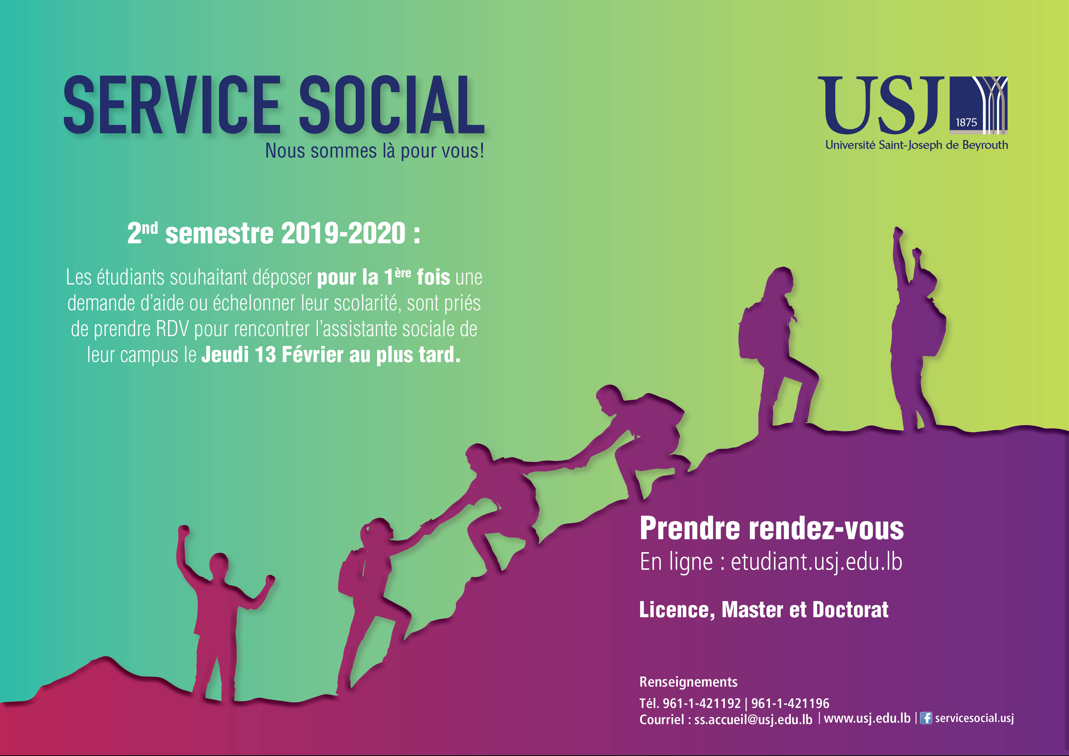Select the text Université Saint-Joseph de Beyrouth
click(916, 145)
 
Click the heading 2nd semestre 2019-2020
click(274, 233)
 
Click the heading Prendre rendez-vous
click(771, 529)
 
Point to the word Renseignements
click(688, 682)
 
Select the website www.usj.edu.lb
click(867, 718)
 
